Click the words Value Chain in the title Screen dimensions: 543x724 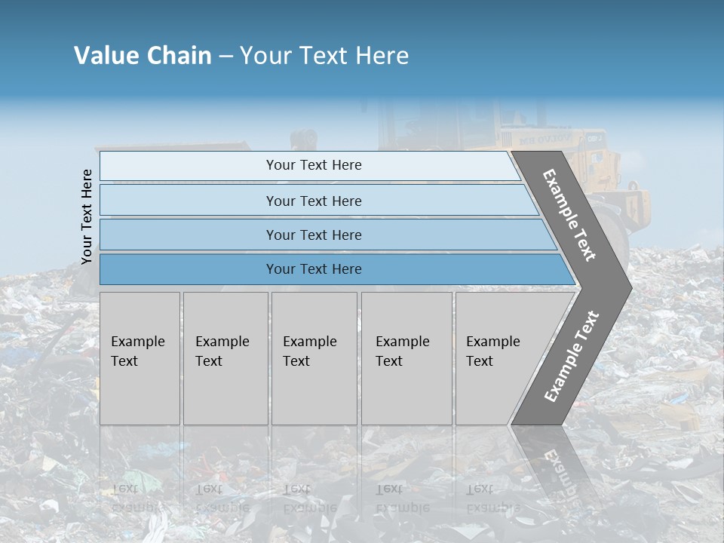143,56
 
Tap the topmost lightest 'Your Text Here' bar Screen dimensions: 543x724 313,165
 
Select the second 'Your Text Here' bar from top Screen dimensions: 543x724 313,201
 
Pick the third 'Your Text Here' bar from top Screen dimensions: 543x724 313,235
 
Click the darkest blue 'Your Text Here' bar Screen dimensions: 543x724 313,269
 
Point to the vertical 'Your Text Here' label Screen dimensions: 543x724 87,216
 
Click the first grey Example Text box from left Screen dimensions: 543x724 140,358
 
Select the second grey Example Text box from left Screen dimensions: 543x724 225,358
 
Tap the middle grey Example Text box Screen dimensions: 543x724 314,358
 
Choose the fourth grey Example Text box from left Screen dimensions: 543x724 406,358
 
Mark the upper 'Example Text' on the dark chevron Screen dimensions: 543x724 569,215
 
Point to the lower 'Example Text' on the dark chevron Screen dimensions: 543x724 571,356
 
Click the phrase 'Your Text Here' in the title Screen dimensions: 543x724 324,56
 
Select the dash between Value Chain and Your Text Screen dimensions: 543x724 225,57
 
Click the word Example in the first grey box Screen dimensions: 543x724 137,342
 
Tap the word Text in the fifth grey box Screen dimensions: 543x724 480,361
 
